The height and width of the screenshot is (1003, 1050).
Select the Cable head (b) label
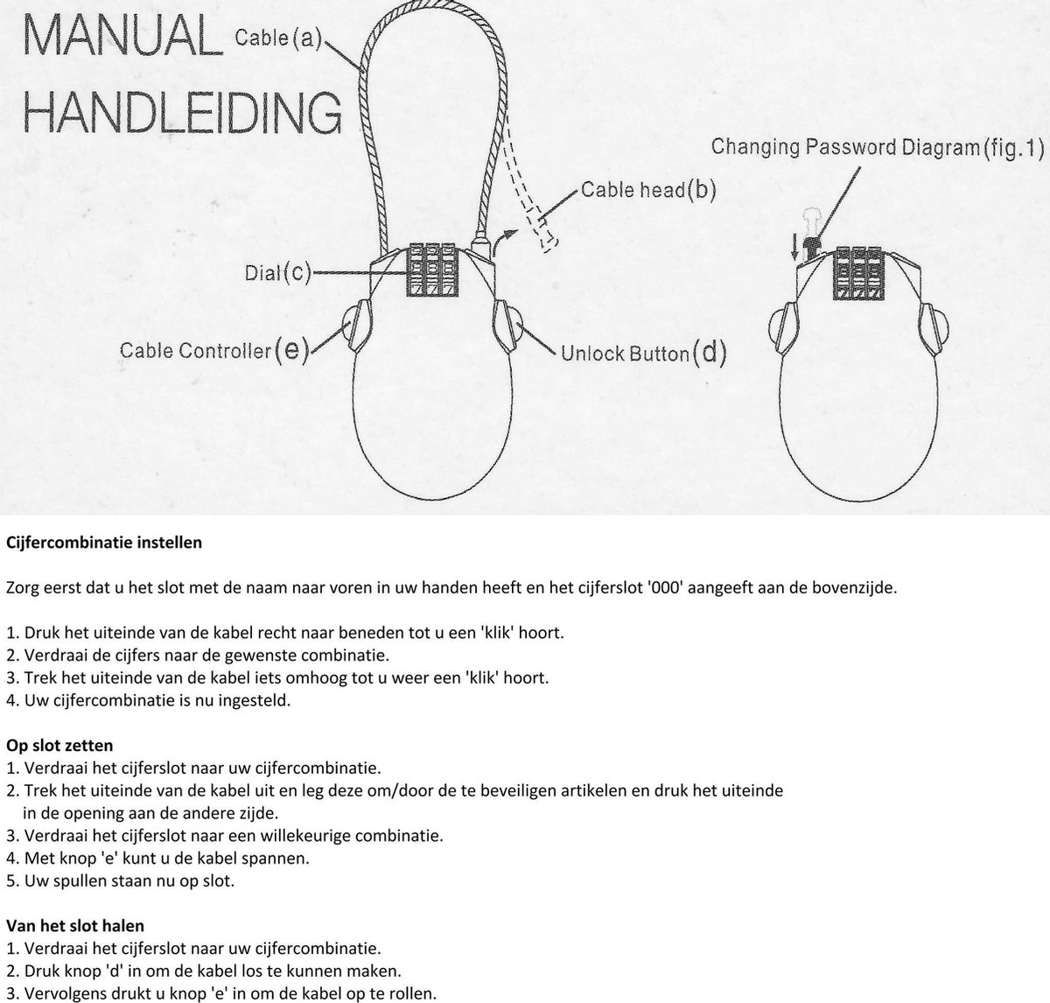coord(648,190)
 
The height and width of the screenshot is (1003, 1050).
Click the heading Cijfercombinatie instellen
coord(104,543)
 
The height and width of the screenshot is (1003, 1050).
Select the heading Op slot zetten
coord(59,746)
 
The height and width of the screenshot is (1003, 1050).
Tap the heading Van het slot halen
coord(75,925)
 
